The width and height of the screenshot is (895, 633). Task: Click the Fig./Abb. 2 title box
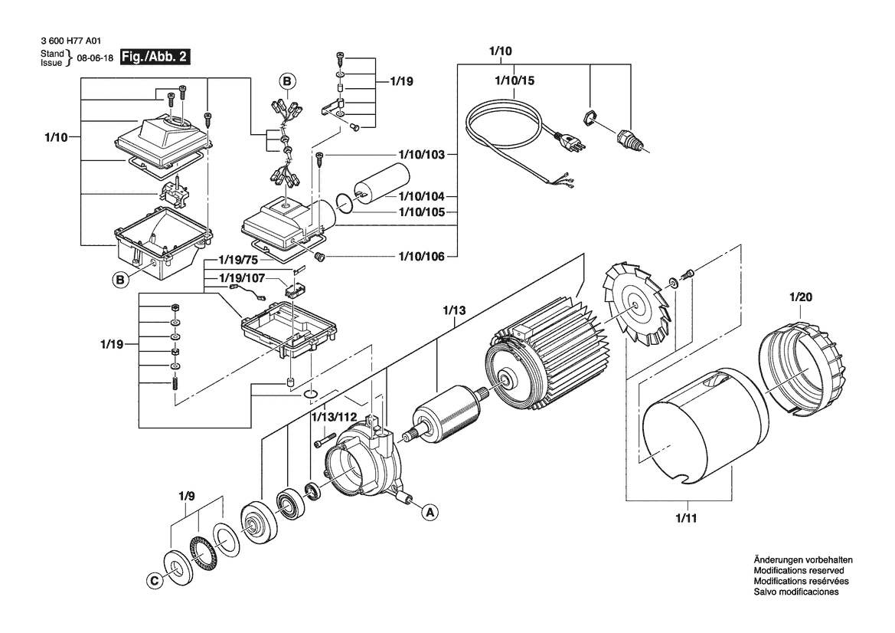(154, 57)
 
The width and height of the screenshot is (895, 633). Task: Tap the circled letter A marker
(430, 513)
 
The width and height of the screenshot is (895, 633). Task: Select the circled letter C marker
(154, 581)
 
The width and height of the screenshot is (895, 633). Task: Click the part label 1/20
(801, 297)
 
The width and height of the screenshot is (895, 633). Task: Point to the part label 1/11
(686, 519)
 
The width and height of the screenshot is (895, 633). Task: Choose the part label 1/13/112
(334, 417)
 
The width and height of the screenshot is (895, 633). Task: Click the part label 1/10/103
(421, 155)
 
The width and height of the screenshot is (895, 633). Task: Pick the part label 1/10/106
(421, 257)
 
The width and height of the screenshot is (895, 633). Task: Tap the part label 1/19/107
(242, 278)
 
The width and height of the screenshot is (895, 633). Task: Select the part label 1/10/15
(514, 80)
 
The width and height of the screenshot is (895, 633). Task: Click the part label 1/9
(187, 496)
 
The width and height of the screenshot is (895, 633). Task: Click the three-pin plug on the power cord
(571, 140)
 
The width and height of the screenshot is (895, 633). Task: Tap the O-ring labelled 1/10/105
(345, 203)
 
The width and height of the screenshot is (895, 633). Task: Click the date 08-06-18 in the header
(95, 58)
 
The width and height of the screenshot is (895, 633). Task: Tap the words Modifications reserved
(799, 571)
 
